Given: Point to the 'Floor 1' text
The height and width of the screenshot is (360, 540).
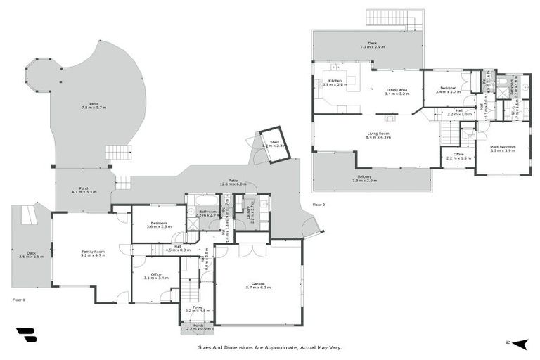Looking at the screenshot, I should click(x=19, y=300).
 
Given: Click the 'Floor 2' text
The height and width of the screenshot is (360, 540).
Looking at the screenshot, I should click(x=319, y=205).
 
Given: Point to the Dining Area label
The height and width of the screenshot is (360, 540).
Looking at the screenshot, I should click(x=397, y=91).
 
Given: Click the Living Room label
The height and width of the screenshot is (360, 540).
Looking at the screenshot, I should click(x=378, y=134).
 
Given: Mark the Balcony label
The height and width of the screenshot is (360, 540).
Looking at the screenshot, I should click(x=364, y=178).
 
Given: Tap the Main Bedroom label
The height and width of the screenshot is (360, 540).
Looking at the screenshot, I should click(x=503, y=148).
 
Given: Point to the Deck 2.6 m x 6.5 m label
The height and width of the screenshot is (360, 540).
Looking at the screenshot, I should click(x=31, y=255).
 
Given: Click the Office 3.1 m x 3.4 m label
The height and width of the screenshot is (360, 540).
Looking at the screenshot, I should click(x=155, y=276).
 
